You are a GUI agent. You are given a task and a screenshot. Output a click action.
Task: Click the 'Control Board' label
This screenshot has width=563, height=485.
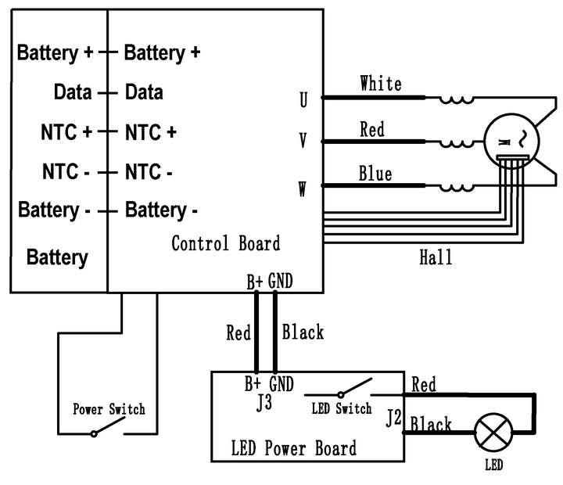point(225,243)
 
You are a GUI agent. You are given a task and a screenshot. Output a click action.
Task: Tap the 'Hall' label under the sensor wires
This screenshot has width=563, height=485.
point(436,256)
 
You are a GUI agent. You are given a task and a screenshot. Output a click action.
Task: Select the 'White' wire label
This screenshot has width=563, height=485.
point(381,84)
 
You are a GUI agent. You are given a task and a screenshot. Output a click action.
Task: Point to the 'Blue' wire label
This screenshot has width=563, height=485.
point(375,173)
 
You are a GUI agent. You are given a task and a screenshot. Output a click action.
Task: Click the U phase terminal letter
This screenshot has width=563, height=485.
point(303,100)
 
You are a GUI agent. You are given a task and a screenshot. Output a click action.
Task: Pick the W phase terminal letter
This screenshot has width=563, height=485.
point(303,189)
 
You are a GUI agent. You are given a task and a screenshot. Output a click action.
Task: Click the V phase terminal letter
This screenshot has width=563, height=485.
point(303,141)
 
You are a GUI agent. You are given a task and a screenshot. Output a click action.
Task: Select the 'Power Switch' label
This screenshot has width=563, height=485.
point(109,408)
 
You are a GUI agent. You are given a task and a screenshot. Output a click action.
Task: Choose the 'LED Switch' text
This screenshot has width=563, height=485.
point(342,408)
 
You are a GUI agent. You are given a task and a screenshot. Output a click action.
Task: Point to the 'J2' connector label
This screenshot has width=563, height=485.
point(393,419)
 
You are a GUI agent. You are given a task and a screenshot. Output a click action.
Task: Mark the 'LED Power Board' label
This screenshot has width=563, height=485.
point(294,449)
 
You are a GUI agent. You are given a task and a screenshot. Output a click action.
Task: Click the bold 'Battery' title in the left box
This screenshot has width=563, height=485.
point(57,257)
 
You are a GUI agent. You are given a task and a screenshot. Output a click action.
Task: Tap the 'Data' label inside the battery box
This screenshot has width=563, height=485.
point(73,92)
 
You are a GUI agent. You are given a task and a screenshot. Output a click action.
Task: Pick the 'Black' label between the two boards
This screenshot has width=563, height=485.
point(303,332)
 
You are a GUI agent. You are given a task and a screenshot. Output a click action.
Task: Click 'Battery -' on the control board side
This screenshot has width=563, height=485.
point(161,210)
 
